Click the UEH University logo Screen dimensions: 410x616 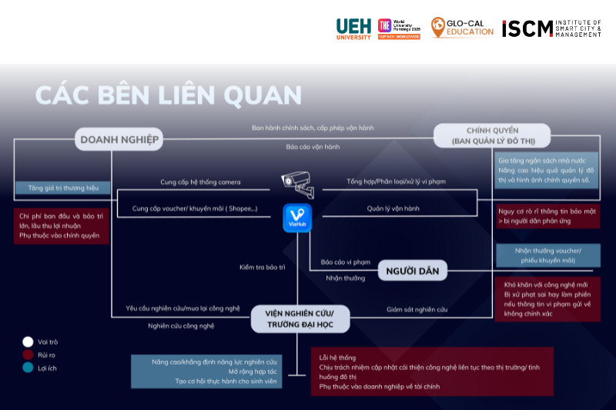[353, 28]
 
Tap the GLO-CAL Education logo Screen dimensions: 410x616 [462, 28]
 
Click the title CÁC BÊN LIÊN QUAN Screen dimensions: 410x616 [169, 95]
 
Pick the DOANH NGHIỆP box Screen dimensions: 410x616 [119, 139]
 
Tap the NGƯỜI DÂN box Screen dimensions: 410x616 [413, 270]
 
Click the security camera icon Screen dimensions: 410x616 [296, 180]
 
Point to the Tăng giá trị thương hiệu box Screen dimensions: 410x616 [62, 187]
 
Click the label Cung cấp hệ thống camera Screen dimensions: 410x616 [200, 182]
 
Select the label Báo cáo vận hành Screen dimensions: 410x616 [312, 146]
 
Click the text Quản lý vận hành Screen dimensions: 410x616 [393, 208]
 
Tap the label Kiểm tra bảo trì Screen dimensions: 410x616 [262, 267]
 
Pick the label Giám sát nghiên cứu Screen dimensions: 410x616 [417, 309]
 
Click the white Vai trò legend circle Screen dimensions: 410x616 [28, 342]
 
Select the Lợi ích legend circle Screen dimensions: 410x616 [28, 368]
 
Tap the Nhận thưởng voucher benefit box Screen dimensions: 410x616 [547, 255]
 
